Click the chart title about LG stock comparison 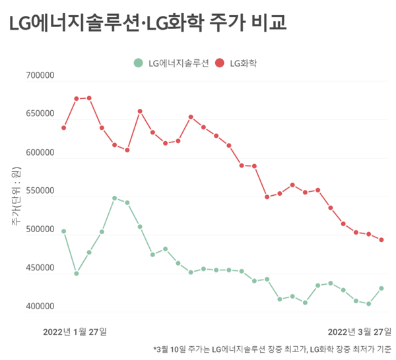[148, 24]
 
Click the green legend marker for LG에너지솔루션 [138, 63]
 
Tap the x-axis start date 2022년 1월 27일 [75, 330]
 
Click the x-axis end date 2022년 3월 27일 [359, 330]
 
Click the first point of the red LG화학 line [64, 127]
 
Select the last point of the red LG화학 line [381, 240]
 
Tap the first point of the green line [64, 231]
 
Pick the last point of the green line [381, 288]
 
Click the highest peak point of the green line [115, 198]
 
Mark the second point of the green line [77, 273]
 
